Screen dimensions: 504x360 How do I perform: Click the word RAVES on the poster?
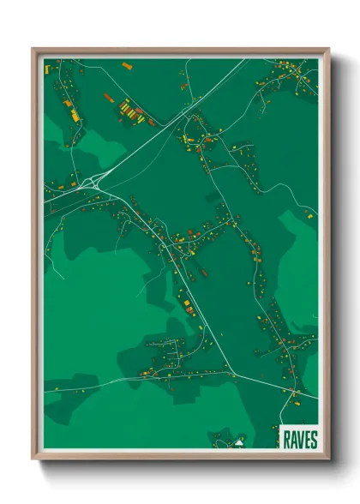pyautogui.click(x=299, y=440)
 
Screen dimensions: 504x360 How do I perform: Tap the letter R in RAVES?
pyautogui.click(x=285, y=440)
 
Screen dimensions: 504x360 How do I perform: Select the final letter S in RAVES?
pyautogui.click(x=314, y=440)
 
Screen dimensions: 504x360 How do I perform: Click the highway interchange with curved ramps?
pyautogui.click(x=96, y=180)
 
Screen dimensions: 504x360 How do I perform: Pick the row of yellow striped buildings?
pyautogui.click(x=130, y=109)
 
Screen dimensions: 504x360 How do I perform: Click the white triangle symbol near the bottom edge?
pyautogui.click(x=241, y=444)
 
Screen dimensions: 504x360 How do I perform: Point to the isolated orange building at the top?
pyautogui.click(x=126, y=65)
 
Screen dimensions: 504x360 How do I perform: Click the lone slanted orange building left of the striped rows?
pyautogui.click(x=108, y=97)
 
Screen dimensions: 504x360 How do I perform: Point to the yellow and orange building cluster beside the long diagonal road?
pyautogui.click(x=185, y=303)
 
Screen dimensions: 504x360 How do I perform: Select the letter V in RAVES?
pyautogui.click(x=299, y=440)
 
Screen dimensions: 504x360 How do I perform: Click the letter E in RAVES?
pyautogui.click(x=307, y=440)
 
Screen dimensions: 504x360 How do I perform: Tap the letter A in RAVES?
pyautogui.click(x=291, y=440)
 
